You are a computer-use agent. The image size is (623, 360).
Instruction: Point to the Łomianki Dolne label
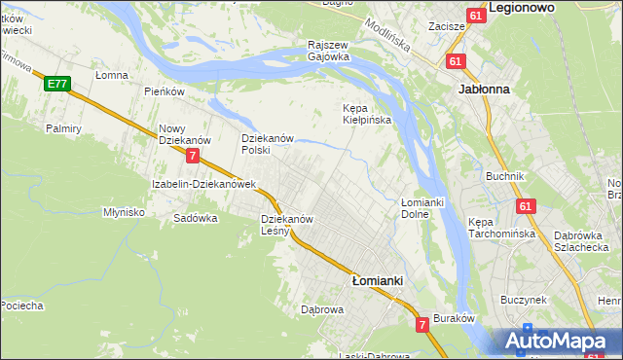click(422, 207)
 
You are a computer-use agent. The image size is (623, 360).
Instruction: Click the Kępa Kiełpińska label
click(366, 114)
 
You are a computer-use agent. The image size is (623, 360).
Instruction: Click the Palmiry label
click(62, 128)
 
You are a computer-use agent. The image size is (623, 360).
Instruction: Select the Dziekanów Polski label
click(268, 144)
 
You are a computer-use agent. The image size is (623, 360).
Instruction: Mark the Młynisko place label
click(124, 211)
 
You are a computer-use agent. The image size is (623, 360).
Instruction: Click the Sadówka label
click(195, 219)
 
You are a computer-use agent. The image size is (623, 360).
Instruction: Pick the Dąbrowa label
click(323, 310)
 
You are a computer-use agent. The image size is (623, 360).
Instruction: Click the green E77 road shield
click(56, 85)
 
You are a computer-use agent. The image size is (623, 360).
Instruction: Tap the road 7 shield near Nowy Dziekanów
click(193, 156)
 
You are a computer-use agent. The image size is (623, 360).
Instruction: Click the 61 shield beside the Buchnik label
click(526, 206)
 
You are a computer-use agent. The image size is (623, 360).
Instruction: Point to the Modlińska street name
click(387, 35)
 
